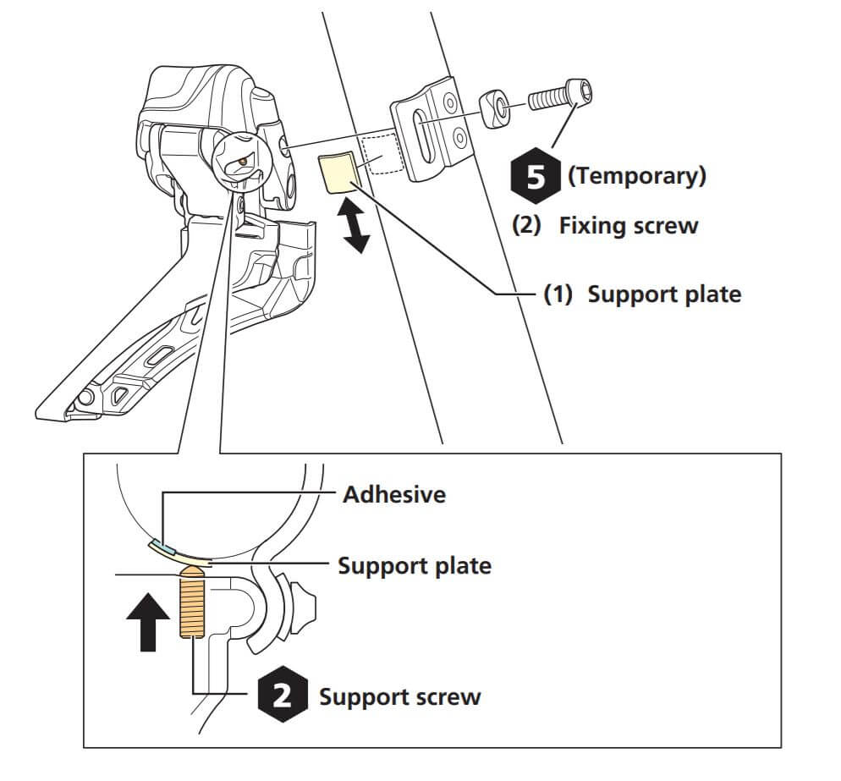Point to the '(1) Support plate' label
point(642,294)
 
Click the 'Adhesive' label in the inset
point(393,494)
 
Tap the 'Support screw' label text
point(399,696)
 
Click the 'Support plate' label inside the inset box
point(414,564)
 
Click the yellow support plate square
point(338,174)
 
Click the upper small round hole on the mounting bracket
point(450,104)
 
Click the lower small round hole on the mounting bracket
point(458,135)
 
